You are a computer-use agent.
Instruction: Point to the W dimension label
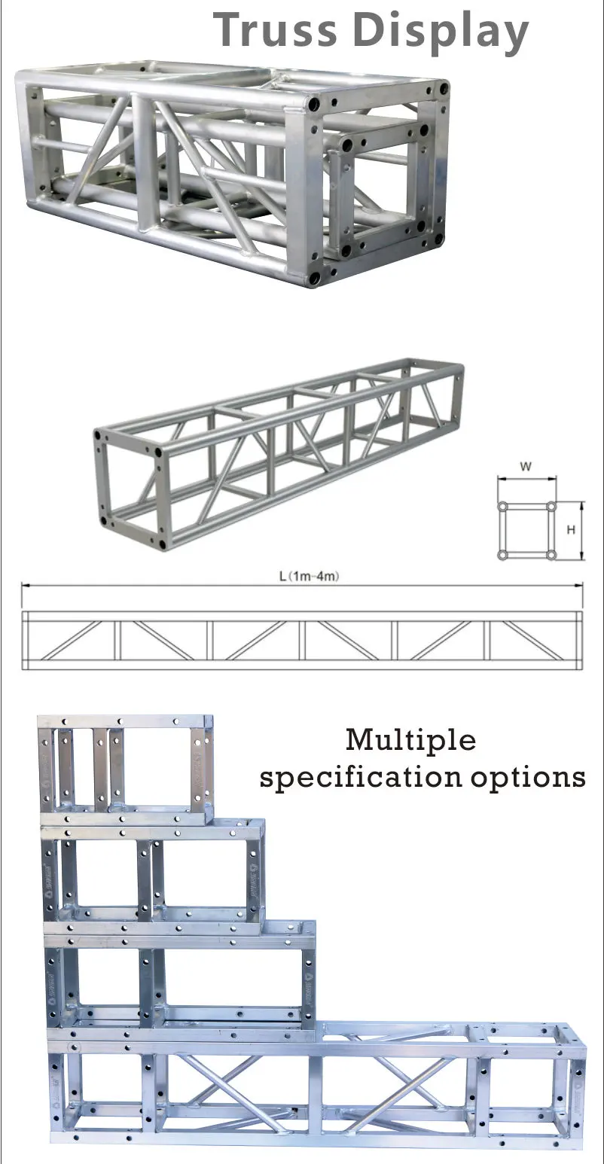(526, 467)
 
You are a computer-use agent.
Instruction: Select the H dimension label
(571, 530)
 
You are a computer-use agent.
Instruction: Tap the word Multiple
(410, 740)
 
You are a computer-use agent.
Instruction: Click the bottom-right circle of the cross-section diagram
(551, 555)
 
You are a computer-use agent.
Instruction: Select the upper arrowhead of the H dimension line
(582, 504)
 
